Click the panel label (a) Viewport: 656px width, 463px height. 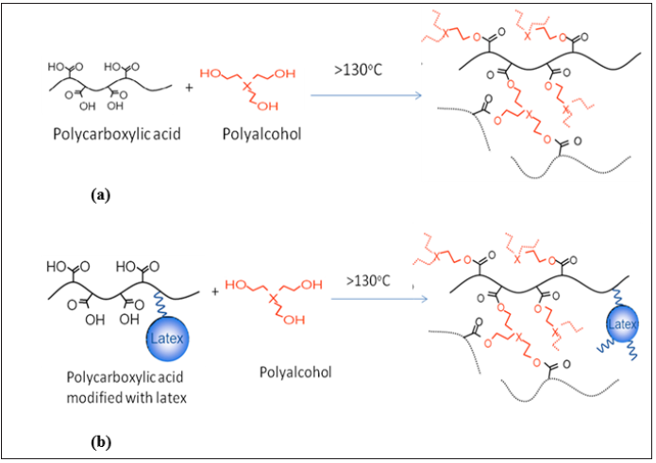pos(101,195)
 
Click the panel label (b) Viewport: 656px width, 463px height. pos(100,439)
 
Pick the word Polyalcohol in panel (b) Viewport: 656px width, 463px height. pos(295,372)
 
